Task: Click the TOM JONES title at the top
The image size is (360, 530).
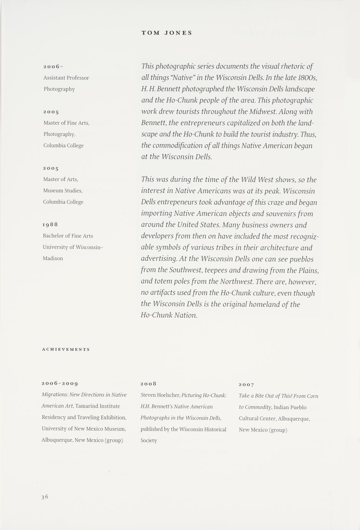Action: coord(167,33)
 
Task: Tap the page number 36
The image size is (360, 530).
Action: coord(45,497)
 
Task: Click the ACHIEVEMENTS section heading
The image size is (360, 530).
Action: coord(66,349)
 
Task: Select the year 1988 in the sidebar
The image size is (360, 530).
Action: coord(50,224)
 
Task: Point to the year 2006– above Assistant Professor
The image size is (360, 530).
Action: coord(53,67)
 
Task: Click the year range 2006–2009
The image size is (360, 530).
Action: coord(60,383)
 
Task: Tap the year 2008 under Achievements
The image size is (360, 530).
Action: coord(148,384)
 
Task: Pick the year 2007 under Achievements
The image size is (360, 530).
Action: coord(246,384)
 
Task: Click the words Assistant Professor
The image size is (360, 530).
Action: coord(66,78)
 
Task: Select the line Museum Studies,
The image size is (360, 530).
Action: coord(63,190)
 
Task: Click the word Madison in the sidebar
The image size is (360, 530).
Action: coord(53,258)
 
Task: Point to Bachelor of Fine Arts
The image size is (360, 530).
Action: coord(68,236)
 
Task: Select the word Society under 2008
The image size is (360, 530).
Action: coord(149,441)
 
